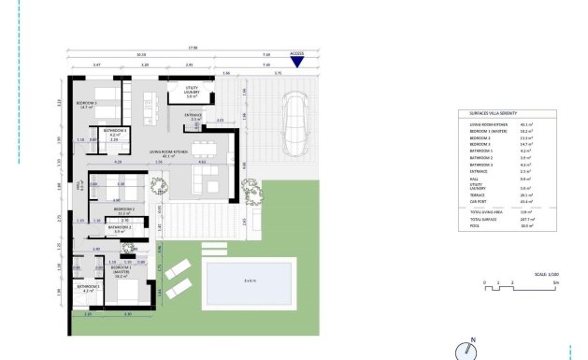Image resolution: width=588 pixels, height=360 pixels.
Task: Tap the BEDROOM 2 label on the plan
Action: point(124,210)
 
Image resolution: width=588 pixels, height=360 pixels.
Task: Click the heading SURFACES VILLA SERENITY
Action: point(490,111)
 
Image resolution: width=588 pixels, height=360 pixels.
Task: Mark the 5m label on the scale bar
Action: point(555,282)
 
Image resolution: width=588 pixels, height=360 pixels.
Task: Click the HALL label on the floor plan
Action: point(79,185)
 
